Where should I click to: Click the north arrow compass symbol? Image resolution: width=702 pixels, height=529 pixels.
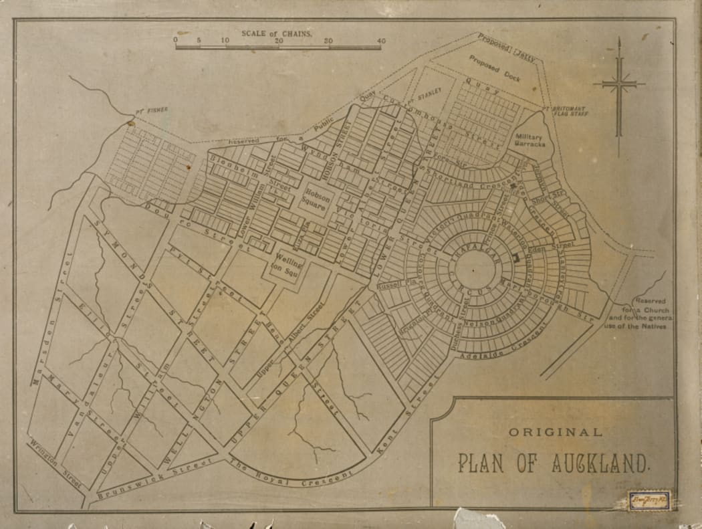click(619, 84)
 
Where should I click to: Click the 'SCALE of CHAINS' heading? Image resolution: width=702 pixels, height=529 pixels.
click(276, 32)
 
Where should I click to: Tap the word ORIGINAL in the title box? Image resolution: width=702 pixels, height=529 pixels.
click(555, 432)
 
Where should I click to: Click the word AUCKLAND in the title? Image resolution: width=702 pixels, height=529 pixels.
click(600, 463)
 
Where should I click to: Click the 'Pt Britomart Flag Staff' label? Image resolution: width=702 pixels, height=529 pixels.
click(568, 110)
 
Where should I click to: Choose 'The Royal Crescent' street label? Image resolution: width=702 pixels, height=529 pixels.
click(291, 471)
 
